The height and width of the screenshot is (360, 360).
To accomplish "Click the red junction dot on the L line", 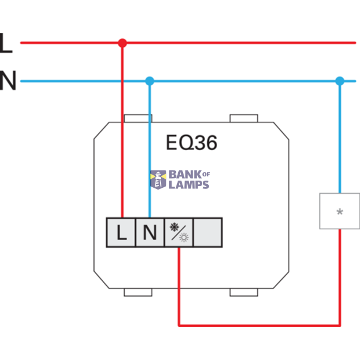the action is coord(122,43).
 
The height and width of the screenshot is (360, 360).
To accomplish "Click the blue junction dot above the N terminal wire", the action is coord(149,81).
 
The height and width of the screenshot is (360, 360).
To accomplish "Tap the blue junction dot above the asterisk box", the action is coord(340,81).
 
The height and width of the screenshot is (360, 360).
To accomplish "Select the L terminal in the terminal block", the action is coord(121,232).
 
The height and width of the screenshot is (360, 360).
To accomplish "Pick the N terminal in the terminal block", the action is coord(150,232).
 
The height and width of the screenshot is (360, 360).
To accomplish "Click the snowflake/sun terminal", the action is coord(179,232).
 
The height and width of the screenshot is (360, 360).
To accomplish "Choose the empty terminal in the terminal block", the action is coord(208,232).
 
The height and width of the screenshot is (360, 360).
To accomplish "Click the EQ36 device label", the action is coord(191,143).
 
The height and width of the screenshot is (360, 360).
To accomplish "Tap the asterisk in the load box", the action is coord(340,211).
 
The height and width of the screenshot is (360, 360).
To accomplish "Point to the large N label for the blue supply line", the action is coord(8,80).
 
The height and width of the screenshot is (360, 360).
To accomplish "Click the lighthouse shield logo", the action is coord(158,180).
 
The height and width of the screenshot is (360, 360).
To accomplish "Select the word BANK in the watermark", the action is coord(185,175).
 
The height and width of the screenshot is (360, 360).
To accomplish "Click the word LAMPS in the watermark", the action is coord(189,185).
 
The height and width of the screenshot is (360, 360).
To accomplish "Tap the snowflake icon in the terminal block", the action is coord(174,227).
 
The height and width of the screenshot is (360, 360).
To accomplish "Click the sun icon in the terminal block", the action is coord(184,238).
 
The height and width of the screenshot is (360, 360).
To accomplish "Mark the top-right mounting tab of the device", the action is coord(244,118).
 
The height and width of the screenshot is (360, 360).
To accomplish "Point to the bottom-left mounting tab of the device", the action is coord(138,292).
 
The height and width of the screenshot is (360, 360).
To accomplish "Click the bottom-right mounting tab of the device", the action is coord(244,292).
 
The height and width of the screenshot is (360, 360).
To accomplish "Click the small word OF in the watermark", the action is coord(206,175).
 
